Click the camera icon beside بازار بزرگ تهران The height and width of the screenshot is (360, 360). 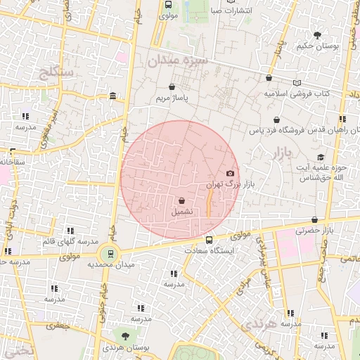(x=230, y=173)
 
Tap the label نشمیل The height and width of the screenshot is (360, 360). (x=182, y=211)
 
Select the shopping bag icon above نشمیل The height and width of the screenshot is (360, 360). (x=182, y=200)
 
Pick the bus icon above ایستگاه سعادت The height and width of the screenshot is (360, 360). (x=208, y=240)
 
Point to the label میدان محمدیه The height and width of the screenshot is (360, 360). (x=110, y=265)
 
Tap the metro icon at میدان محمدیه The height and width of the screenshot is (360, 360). (x=109, y=254)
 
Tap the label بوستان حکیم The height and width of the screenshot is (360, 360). (x=317, y=46)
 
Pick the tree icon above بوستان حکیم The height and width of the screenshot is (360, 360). (x=317, y=34)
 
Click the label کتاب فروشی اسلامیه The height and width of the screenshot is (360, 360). (x=298, y=93)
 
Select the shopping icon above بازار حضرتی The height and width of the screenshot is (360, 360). (x=314, y=219)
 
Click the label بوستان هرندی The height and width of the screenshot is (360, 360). (x=124, y=348)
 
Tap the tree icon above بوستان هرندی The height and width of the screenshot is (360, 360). (x=125, y=337)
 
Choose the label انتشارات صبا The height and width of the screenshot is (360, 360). (x=217, y=11)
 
